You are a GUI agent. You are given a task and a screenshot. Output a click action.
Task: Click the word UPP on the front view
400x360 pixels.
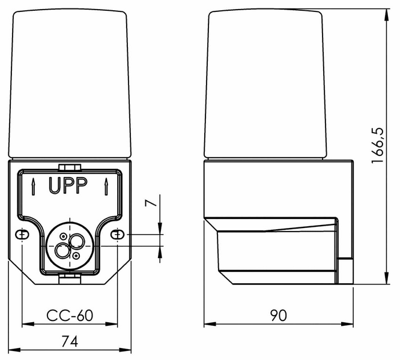pos(68,187)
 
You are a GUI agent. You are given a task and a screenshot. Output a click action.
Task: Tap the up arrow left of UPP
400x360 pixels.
pos(32,187)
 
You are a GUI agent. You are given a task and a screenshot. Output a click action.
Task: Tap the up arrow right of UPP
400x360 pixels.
pos(105,187)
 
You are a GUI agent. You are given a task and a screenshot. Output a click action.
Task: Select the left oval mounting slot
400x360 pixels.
pos(22,234)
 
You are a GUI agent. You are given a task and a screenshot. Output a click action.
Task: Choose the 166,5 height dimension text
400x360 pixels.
pos(378,149)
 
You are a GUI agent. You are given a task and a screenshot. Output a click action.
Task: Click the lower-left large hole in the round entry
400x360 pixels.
pos(62,251)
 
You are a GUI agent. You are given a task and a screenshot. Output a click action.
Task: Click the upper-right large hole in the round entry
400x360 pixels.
pos(76,241)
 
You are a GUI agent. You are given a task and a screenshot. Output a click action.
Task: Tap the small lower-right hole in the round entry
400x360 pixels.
pos(76,256)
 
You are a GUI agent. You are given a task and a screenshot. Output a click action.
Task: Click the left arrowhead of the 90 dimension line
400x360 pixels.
pos(208,325)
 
